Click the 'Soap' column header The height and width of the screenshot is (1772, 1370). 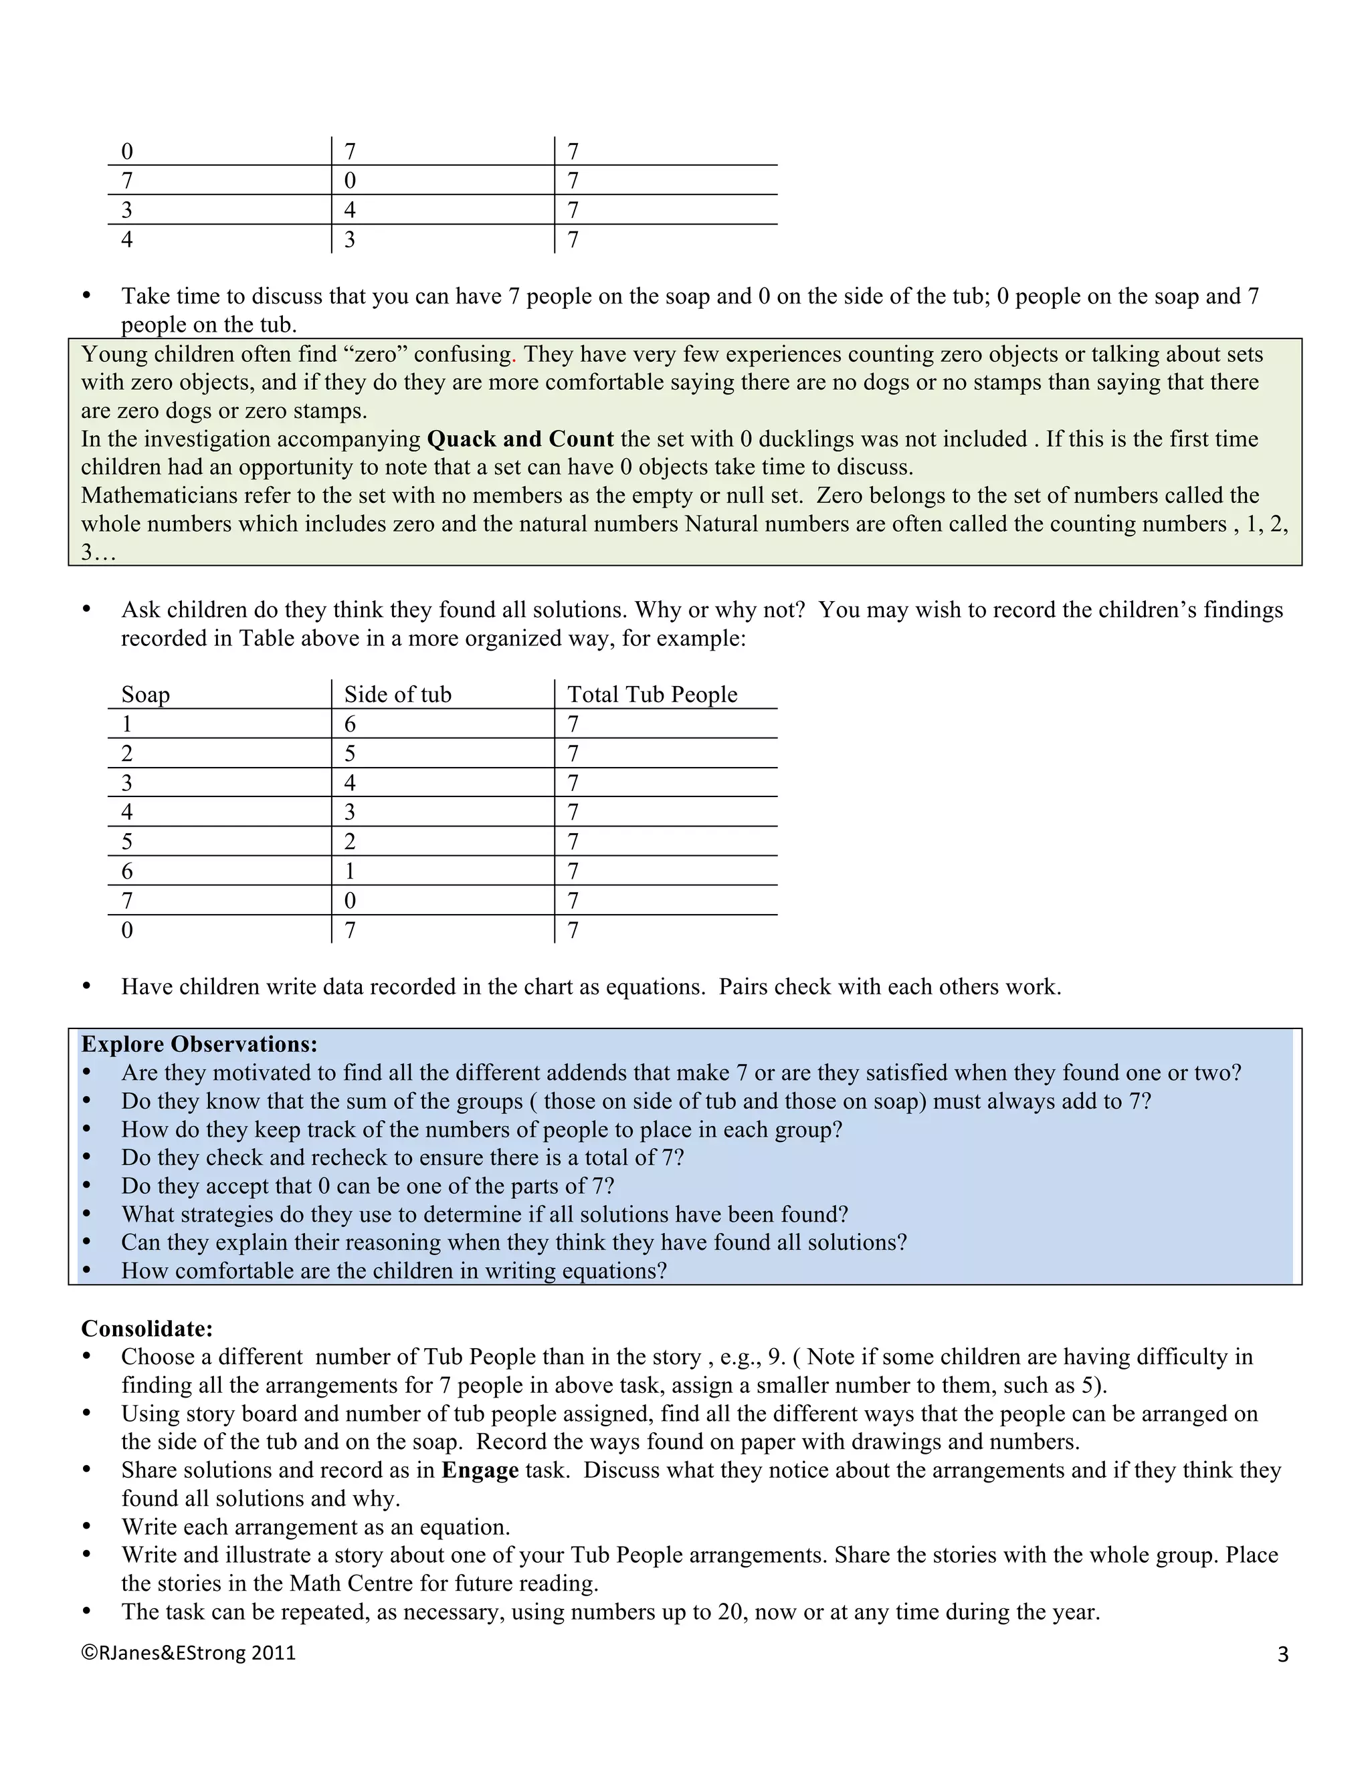pos(145,695)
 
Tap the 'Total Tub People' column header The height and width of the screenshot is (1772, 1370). pos(652,695)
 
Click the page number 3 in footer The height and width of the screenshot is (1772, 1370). pos(1282,1654)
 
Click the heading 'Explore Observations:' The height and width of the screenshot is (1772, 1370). pos(199,1044)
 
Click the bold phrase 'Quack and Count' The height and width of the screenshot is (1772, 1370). pos(519,439)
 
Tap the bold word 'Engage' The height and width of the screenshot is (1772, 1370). pos(480,1470)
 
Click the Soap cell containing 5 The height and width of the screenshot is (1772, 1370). pos(126,842)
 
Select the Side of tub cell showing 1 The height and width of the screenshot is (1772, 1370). pos(350,871)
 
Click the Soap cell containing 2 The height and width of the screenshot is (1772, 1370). pos(126,754)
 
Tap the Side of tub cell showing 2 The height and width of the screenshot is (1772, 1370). pos(350,842)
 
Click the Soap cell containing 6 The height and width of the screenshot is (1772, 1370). pos(126,871)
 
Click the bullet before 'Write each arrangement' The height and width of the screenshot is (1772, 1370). pos(87,1527)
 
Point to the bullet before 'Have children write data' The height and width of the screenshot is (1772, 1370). pos(87,988)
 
